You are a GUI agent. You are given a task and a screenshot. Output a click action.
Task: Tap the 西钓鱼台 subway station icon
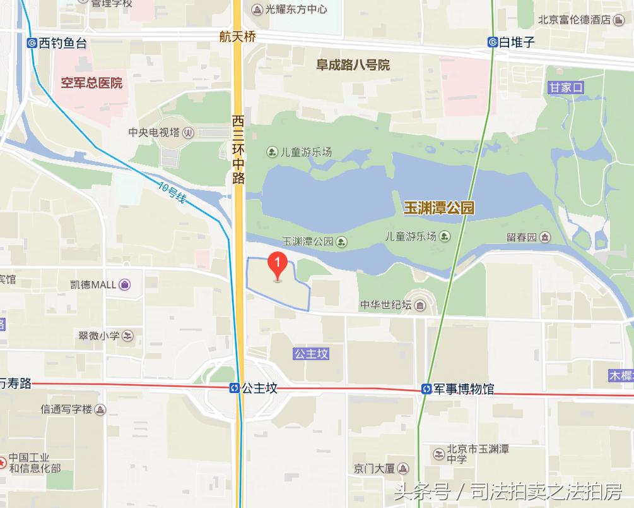pyautogui.click(x=32, y=43)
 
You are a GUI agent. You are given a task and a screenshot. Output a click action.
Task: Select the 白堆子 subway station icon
pyautogui.click(x=492, y=42)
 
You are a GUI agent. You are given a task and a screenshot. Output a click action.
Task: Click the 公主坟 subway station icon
pyautogui.click(x=234, y=388)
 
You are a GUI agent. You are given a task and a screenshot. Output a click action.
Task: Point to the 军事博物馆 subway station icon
pyautogui.click(x=426, y=389)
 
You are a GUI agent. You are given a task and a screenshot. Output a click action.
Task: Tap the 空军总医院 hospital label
pyautogui.click(x=91, y=83)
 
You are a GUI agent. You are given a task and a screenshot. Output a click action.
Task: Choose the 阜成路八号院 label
pyautogui.click(x=353, y=65)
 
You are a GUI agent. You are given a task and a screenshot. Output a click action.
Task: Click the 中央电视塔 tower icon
pyautogui.click(x=187, y=133)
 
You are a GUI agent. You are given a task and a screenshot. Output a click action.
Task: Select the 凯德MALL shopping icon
pyautogui.click(x=125, y=284)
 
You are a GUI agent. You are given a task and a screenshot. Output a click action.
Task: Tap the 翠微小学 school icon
pyautogui.click(x=128, y=335)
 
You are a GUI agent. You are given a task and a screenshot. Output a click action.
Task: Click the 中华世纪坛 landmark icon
pyautogui.click(x=420, y=305)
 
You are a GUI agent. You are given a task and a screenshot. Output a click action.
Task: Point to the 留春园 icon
pyautogui.click(x=545, y=237)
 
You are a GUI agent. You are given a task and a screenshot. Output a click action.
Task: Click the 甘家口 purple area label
pyautogui.click(x=566, y=87)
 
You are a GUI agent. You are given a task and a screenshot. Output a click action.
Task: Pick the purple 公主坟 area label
pyautogui.click(x=311, y=354)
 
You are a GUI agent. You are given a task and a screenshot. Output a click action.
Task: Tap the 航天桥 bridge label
pyautogui.click(x=237, y=37)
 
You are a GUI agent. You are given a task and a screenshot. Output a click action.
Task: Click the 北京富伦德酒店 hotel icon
pyautogui.click(x=622, y=20)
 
